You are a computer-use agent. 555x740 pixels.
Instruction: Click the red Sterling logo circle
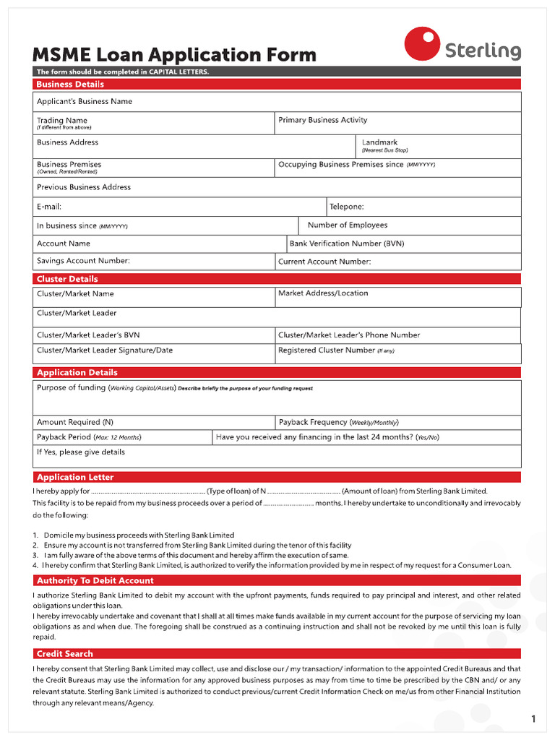pos(422,44)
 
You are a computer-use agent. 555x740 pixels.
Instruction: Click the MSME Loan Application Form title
pos(174,54)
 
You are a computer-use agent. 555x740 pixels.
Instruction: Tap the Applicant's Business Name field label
pos(85,102)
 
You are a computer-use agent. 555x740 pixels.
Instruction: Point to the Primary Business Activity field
pos(322,120)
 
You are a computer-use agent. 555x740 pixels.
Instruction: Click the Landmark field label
pos(379,142)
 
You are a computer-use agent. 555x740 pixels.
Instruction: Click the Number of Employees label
pos(348,225)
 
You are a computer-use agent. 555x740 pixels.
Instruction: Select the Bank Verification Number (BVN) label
pos(347,244)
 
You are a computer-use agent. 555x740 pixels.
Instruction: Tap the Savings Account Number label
pos(83,261)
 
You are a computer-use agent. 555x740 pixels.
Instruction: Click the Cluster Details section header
pos(67,279)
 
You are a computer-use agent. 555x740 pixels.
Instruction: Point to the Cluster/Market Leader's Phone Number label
pos(349,335)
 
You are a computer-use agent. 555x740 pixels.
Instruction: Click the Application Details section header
pos(77,373)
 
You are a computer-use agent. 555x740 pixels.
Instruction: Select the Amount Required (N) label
pos(75,422)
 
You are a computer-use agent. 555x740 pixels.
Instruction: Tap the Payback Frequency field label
pos(313,422)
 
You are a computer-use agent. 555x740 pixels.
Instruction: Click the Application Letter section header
pos(75,478)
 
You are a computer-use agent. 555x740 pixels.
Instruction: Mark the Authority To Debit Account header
pos(95,581)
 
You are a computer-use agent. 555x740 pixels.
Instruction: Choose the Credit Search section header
pos(65,654)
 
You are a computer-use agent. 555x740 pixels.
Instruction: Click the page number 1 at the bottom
pos(533,719)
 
